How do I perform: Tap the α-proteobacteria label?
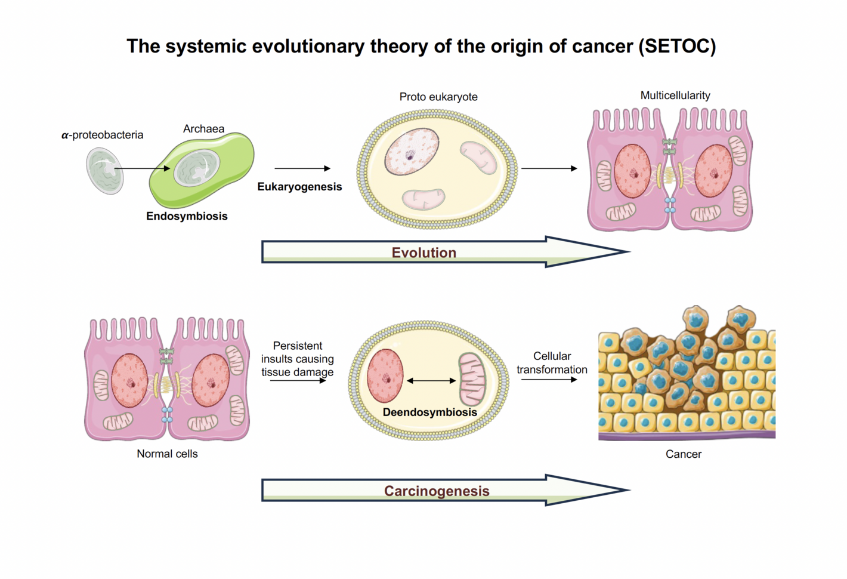tap(103, 135)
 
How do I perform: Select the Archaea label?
tap(203, 129)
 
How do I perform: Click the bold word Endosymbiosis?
tap(187, 216)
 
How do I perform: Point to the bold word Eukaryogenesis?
tap(299, 187)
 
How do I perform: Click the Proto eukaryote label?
tap(438, 97)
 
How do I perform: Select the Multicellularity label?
tap(675, 96)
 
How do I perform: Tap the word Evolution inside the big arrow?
tap(423, 252)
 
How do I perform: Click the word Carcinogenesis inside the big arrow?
tap(437, 491)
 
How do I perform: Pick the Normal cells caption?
tap(167, 454)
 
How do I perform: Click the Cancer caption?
tap(684, 454)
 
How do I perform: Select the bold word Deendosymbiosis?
tap(429, 412)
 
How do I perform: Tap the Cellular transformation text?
tap(552, 363)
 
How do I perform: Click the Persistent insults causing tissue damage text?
tap(297, 359)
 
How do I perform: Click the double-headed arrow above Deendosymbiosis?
tap(431, 381)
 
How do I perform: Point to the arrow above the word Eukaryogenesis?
tap(302, 169)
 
